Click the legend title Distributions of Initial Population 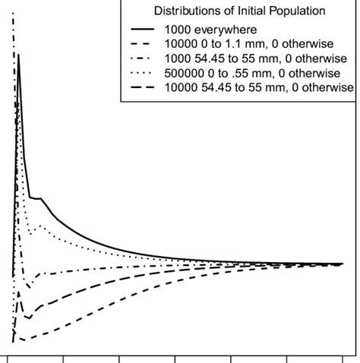point(239,11)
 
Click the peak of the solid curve point(18,55)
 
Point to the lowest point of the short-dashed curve point(23,339)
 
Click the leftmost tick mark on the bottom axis point(8,358)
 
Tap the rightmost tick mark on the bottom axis point(342,358)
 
